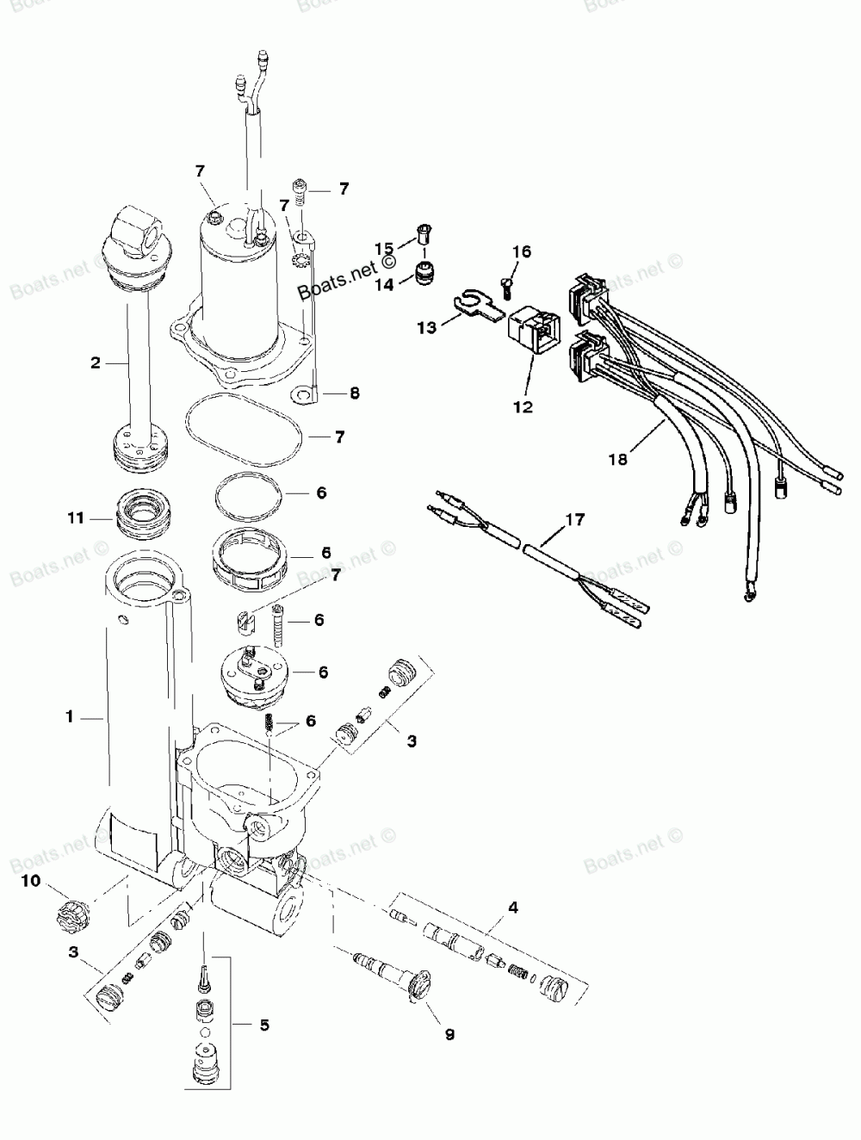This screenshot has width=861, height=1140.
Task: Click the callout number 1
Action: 71,716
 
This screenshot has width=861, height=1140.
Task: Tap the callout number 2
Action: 96,362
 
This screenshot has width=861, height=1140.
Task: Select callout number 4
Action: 513,907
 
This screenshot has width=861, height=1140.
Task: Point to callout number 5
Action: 264,1025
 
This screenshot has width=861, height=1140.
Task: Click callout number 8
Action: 355,393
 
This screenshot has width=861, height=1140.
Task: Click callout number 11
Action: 76,518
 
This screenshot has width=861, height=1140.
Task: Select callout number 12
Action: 523,406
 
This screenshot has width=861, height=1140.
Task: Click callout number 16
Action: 522,251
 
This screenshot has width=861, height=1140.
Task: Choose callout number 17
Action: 574,519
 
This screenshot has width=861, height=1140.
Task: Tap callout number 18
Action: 618,459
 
